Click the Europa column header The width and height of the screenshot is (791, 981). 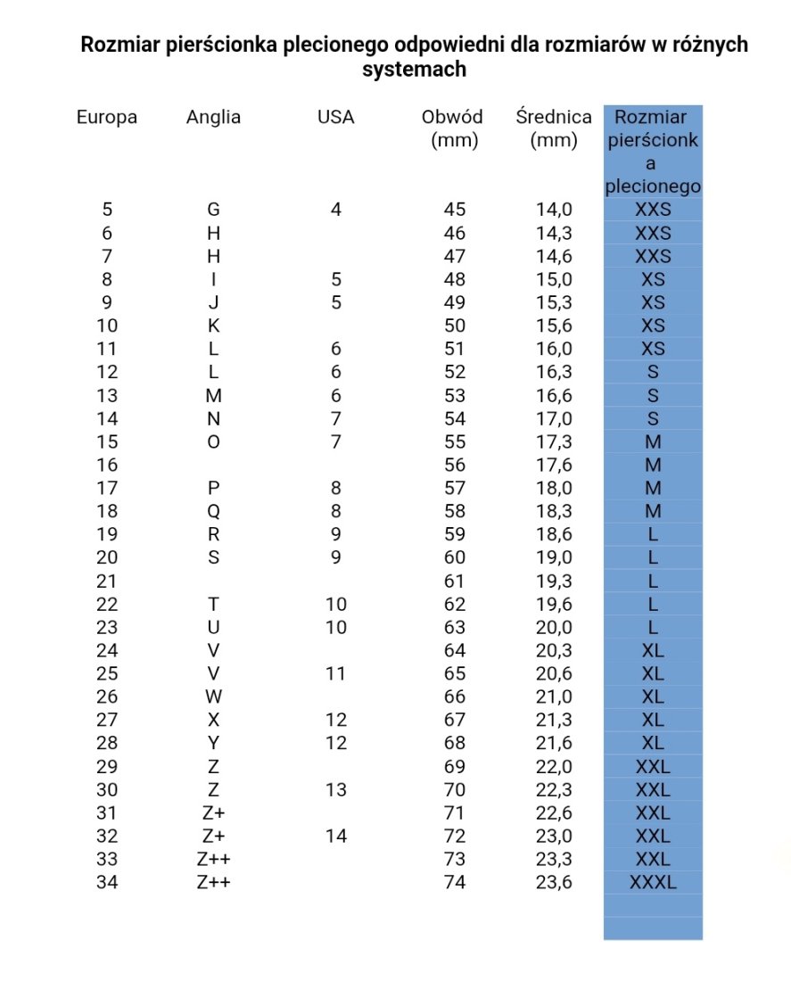pyautogui.click(x=107, y=117)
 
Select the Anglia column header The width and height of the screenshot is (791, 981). pyautogui.click(x=213, y=117)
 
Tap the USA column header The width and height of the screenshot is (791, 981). pyautogui.click(x=335, y=117)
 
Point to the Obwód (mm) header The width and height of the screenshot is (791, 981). pyautogui.click(x=454, y=128)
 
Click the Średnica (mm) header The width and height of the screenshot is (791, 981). pyautogui.click(x=554, y=128)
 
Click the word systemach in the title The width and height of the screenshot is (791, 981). pyautogui.click(x=414, y=70)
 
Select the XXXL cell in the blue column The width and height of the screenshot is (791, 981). pyautogui.click(x=653, y=883)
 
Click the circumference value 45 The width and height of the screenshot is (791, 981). pyautogui.click(x=455, y=210)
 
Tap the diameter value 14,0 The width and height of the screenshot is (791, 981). pyautogui.click(x=554, y=210)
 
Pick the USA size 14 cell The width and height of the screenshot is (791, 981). pyautogui.click(x=335, y=837)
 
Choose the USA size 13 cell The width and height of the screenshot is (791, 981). pyautogui.click(x=335, y=790)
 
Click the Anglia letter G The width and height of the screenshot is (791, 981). pyautogui.click(x=213, y=210)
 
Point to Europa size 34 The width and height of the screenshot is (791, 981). pyautogui.click(x=107, y=883)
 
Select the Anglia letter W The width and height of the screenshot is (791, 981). pyautogui.click(x=213, y=697)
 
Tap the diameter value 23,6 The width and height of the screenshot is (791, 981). pyautogui.click(x=554, y=883)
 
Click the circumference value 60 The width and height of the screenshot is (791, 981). pyautogui.click(x=455, y=557)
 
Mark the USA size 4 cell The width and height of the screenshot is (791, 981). pyautogui.click(x=335, y=210)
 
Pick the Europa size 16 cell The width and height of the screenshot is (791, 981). pyautogui.click(x=107, y=465)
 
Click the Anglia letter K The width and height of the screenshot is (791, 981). pyautogui.click(x=213, y=326)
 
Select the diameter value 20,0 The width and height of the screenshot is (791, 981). pyautogui.click(x=554, y=627)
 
